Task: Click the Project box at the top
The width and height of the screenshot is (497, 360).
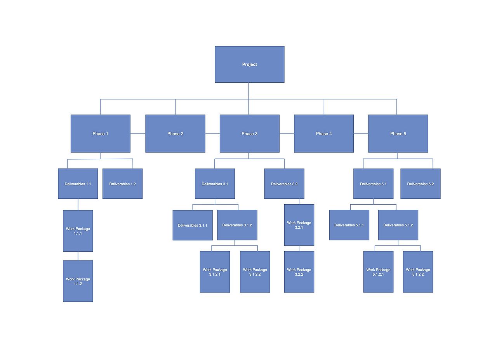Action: tap(249, 64)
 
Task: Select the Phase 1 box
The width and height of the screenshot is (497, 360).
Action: tap(100, 134)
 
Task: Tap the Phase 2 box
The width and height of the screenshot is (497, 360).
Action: tap(175, 134)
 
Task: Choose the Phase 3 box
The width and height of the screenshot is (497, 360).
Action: tap(249, 134)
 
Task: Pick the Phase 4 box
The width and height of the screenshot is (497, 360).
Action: tap(324, 134)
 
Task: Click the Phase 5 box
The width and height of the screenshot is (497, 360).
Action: tap(398, 134)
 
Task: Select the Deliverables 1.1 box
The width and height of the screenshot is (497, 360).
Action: tap(78, 184)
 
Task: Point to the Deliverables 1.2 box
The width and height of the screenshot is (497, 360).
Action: tap(122, 184)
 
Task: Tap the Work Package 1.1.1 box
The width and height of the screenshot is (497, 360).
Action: tap(78, 231)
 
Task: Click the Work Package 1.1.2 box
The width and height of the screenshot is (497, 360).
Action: tap(78, 281)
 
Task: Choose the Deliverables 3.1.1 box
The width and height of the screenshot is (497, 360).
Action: tap(192, 225)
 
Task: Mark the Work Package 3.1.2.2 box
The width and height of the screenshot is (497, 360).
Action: tap(255, 272)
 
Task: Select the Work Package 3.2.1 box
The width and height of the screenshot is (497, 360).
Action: tap(299, 225)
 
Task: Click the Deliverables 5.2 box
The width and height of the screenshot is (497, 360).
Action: tap(420, 184)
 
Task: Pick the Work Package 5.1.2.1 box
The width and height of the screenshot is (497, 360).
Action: tap(378, 272)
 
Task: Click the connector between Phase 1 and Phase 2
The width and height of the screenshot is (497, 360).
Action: tap(138, 134)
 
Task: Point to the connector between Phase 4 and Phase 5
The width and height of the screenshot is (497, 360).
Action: tap(361, 134)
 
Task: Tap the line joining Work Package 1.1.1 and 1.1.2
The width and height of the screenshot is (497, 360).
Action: tap(78, 256)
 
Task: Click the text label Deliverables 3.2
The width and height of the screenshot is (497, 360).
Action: tap(284, 184)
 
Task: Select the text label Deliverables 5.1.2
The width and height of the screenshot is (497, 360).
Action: tap(398, 225)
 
